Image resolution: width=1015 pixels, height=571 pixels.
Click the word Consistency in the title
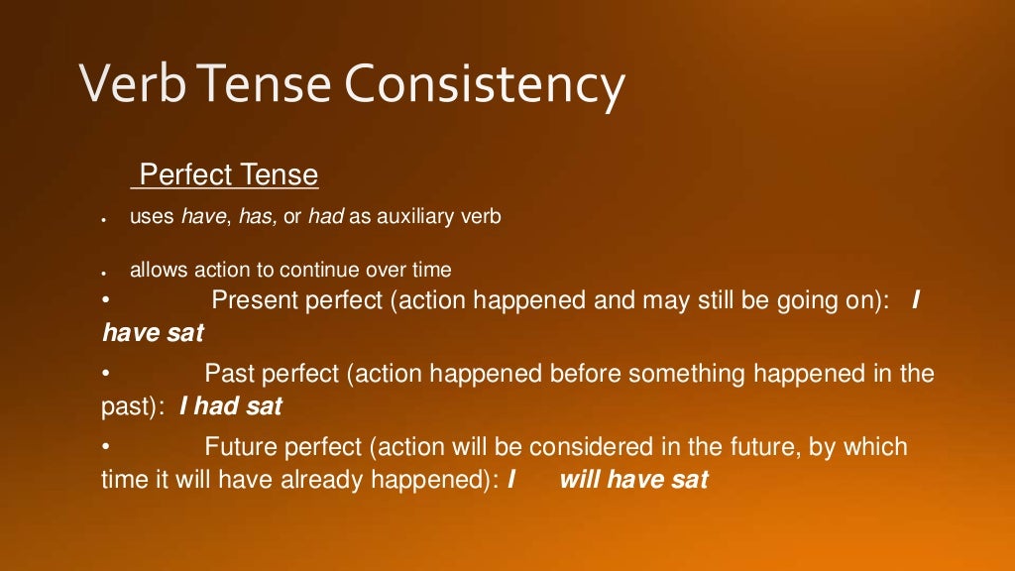click(485, 86)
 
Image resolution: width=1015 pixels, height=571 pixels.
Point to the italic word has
click(258, 217)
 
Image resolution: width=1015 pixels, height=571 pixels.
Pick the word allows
click(154, 270)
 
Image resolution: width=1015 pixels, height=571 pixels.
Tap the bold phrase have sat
click(153, 333)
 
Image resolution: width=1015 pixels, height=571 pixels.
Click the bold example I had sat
click(231, 406)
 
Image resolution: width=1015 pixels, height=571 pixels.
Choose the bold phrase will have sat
click(634, 480)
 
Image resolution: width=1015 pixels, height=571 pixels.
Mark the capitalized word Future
click(241, 447)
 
